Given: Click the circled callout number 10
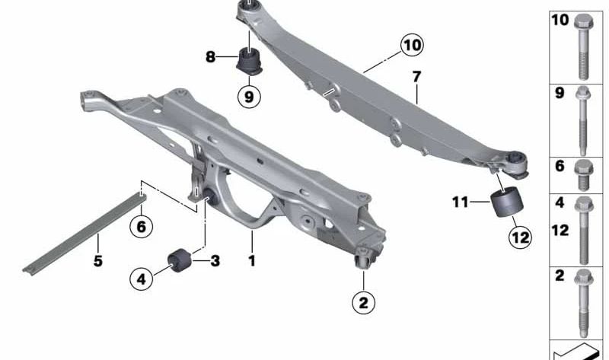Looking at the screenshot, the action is (x=412, y=46).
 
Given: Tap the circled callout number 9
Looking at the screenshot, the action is (x=249, y=97).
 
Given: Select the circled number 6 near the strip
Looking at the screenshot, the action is (x=141, y=226).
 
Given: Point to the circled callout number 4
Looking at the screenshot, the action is (x=142, y=279).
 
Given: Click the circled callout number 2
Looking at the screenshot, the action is (x=364, y=302).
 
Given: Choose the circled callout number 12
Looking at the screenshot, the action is (x=521, y=237).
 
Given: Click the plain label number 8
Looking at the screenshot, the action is (x=210, y=58).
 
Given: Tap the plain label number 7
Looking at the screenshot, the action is (x=416, y=77).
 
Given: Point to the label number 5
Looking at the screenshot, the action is (x=98, y=260).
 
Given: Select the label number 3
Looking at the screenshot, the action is (x=215, y=260).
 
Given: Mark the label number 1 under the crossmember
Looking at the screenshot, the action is (x=252, y=260).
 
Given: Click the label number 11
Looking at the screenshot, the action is (x=461, y=202).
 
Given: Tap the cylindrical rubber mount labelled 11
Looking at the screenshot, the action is (x=507, y=202).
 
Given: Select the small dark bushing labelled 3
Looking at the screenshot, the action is (x=180, y=260).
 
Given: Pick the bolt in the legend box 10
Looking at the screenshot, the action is (x=583, y=46).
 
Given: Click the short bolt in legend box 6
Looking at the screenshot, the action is (x=583, y=175).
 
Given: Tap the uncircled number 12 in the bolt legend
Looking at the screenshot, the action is (x=560, y=231).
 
